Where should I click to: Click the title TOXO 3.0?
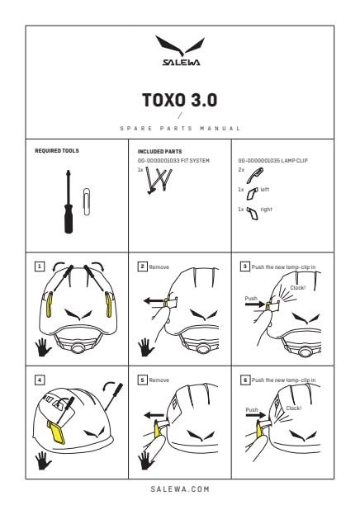point(180,100)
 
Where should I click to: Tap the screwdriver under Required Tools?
point(69,201)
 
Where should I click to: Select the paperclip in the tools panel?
point(87,201)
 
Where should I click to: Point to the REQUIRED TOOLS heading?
point(57,151)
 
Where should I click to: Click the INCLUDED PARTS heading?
point(159,151)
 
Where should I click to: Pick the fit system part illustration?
point(159,181)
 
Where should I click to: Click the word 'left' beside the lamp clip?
point(264,190)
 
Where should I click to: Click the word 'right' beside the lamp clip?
point(266,210)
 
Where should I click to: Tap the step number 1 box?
point(40,267)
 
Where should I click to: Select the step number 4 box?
point(40,380)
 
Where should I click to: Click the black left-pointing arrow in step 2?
point(154,301)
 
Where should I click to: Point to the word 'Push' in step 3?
point(251,298)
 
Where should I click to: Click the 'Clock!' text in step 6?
point(294,408)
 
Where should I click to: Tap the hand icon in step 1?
point(43,347)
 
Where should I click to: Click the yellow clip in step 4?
point(56,432)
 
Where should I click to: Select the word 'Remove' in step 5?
point(159,380)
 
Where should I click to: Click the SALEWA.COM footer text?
point(180,488)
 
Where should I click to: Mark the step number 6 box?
point(245,380)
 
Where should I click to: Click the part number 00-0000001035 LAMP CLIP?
point(272,160)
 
